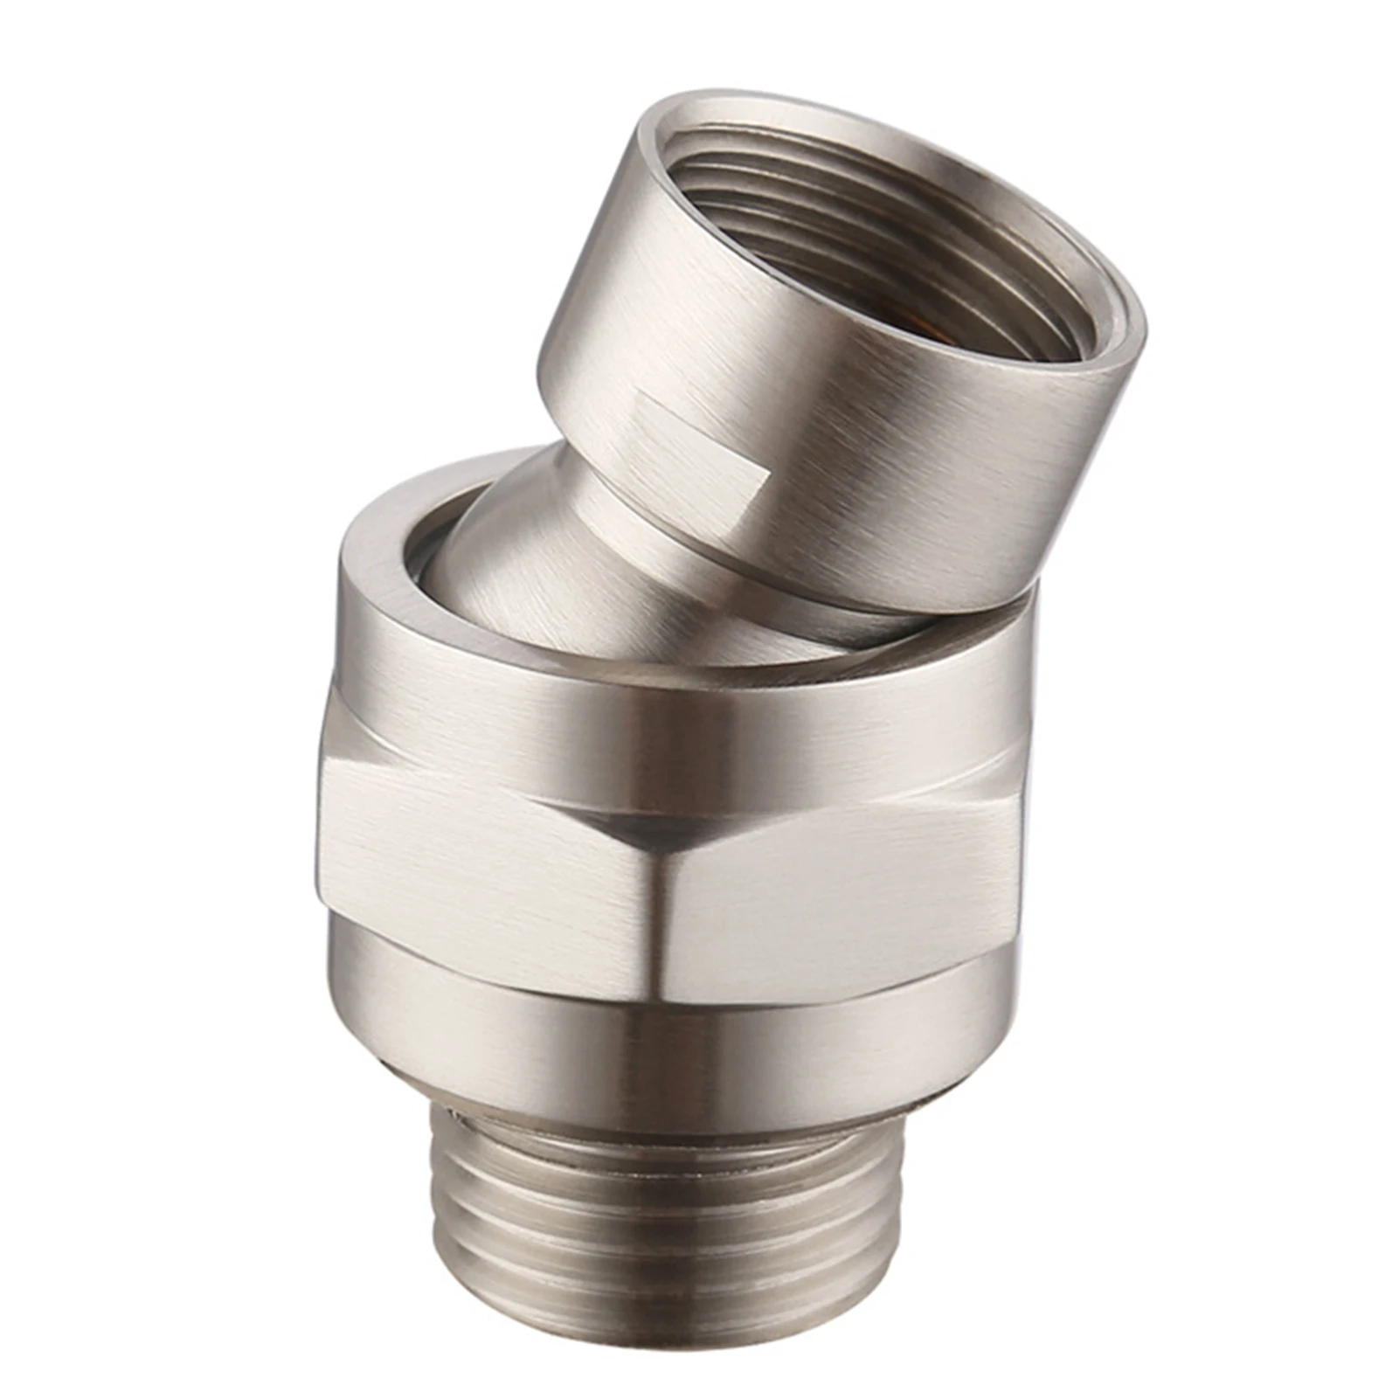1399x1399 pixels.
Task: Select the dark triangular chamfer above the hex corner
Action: pos(647,826)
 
